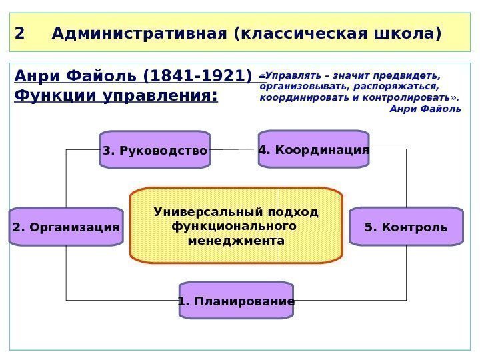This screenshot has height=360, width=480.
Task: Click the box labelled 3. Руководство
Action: (155, 150)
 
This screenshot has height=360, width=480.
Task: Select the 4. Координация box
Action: (313, 149)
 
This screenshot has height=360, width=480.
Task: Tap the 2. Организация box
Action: (66, 227)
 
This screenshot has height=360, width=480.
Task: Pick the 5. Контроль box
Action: (406, 227)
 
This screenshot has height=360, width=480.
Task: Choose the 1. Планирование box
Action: (236, 301)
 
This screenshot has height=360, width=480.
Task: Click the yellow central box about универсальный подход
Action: (236, 225)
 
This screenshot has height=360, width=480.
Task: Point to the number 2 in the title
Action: (19, 33)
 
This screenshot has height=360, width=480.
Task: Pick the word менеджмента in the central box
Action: (236, 240)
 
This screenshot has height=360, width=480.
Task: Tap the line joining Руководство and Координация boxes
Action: (234, 149)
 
